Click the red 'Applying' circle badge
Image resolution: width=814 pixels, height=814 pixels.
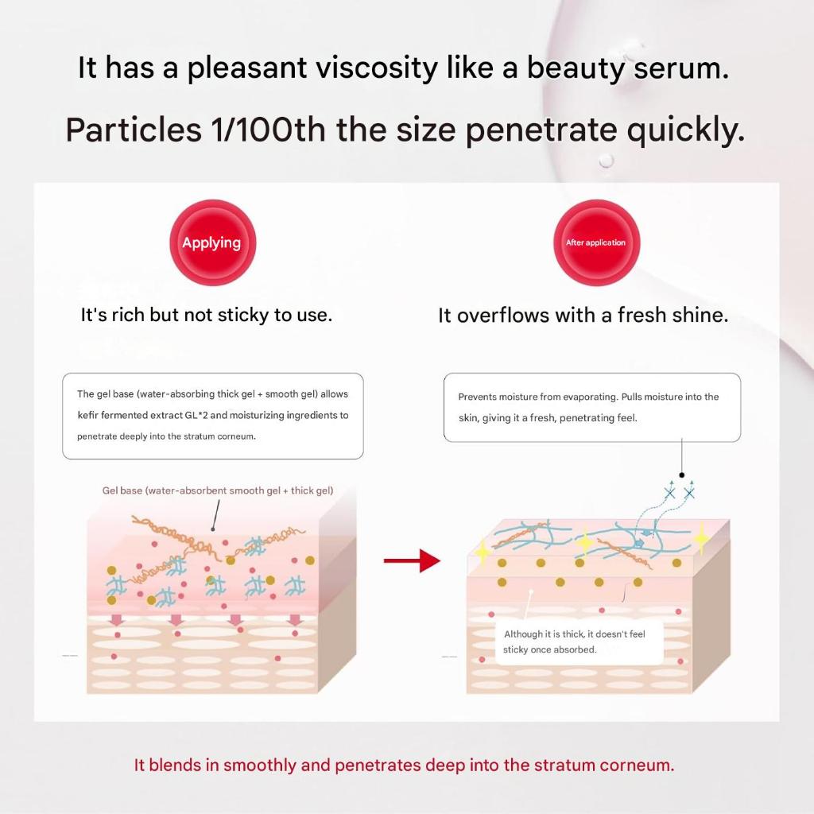[213, 242]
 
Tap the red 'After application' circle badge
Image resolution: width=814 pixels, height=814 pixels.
[596, 242]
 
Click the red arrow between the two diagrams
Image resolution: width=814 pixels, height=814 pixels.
[413, 560]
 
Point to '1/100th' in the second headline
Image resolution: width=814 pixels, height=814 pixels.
[268, 130]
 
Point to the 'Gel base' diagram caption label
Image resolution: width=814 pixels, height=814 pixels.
[218, 490]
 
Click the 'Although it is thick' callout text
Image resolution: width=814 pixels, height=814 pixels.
[574, 642]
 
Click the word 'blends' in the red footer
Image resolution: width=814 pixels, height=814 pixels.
[175, 766]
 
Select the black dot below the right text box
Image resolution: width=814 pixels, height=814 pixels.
[681, 475]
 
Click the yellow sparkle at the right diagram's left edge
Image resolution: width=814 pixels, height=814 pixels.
[483, 552]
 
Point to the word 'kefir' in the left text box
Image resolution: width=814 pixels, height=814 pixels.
[87, 415]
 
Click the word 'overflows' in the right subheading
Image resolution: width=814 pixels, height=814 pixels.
[503, 315]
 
